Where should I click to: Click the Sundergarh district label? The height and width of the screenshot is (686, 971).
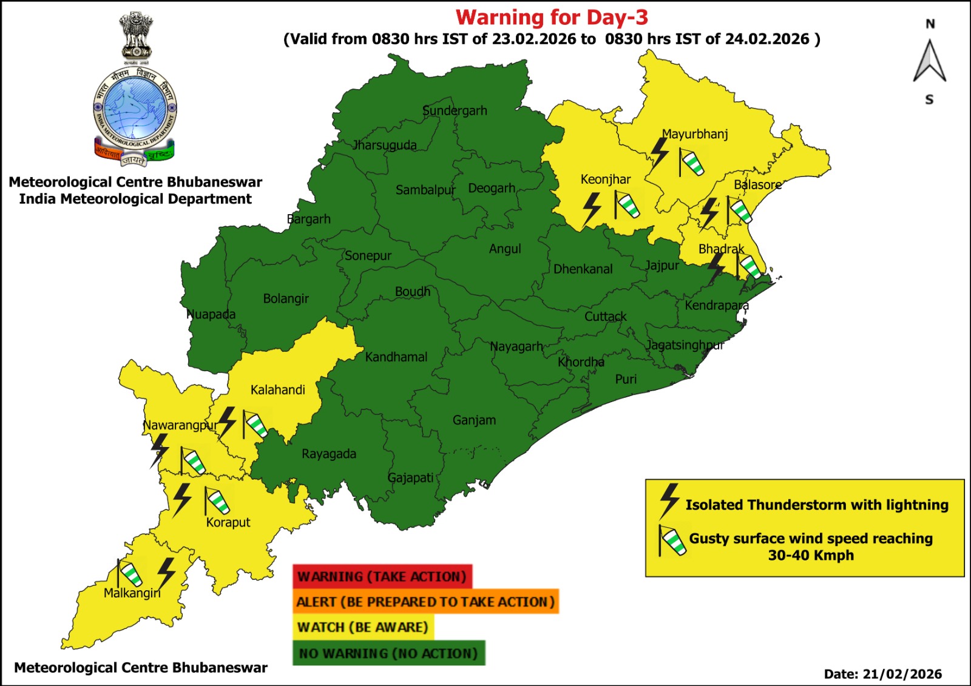(455, 110)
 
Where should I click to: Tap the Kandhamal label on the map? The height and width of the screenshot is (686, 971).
(396, 357)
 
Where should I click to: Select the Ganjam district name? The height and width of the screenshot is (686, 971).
(474, 420)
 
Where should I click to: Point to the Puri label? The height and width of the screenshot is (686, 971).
(626, 379)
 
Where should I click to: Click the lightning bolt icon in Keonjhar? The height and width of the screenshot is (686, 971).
(592, 209)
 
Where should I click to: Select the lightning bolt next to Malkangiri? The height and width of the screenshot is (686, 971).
(166, 573)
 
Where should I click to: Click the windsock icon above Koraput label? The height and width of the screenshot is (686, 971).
(217, 500)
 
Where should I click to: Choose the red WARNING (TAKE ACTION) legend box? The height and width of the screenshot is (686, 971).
(382, 576)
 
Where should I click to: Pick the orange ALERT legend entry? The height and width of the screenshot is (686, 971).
(425, 602)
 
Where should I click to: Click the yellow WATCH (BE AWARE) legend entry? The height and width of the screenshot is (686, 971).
(362, 627)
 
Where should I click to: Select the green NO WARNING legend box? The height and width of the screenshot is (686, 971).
(388, 653)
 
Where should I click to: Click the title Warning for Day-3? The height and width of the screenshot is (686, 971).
(552, 17)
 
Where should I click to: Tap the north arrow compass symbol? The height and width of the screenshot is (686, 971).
(930, 61)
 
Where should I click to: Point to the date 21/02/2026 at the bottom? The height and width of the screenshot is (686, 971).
(902, 674)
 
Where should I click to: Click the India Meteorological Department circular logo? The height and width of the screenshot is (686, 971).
(135, 109)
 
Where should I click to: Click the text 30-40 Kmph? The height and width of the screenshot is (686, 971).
(811, 555)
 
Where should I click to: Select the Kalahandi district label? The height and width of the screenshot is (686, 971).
(277, 389)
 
